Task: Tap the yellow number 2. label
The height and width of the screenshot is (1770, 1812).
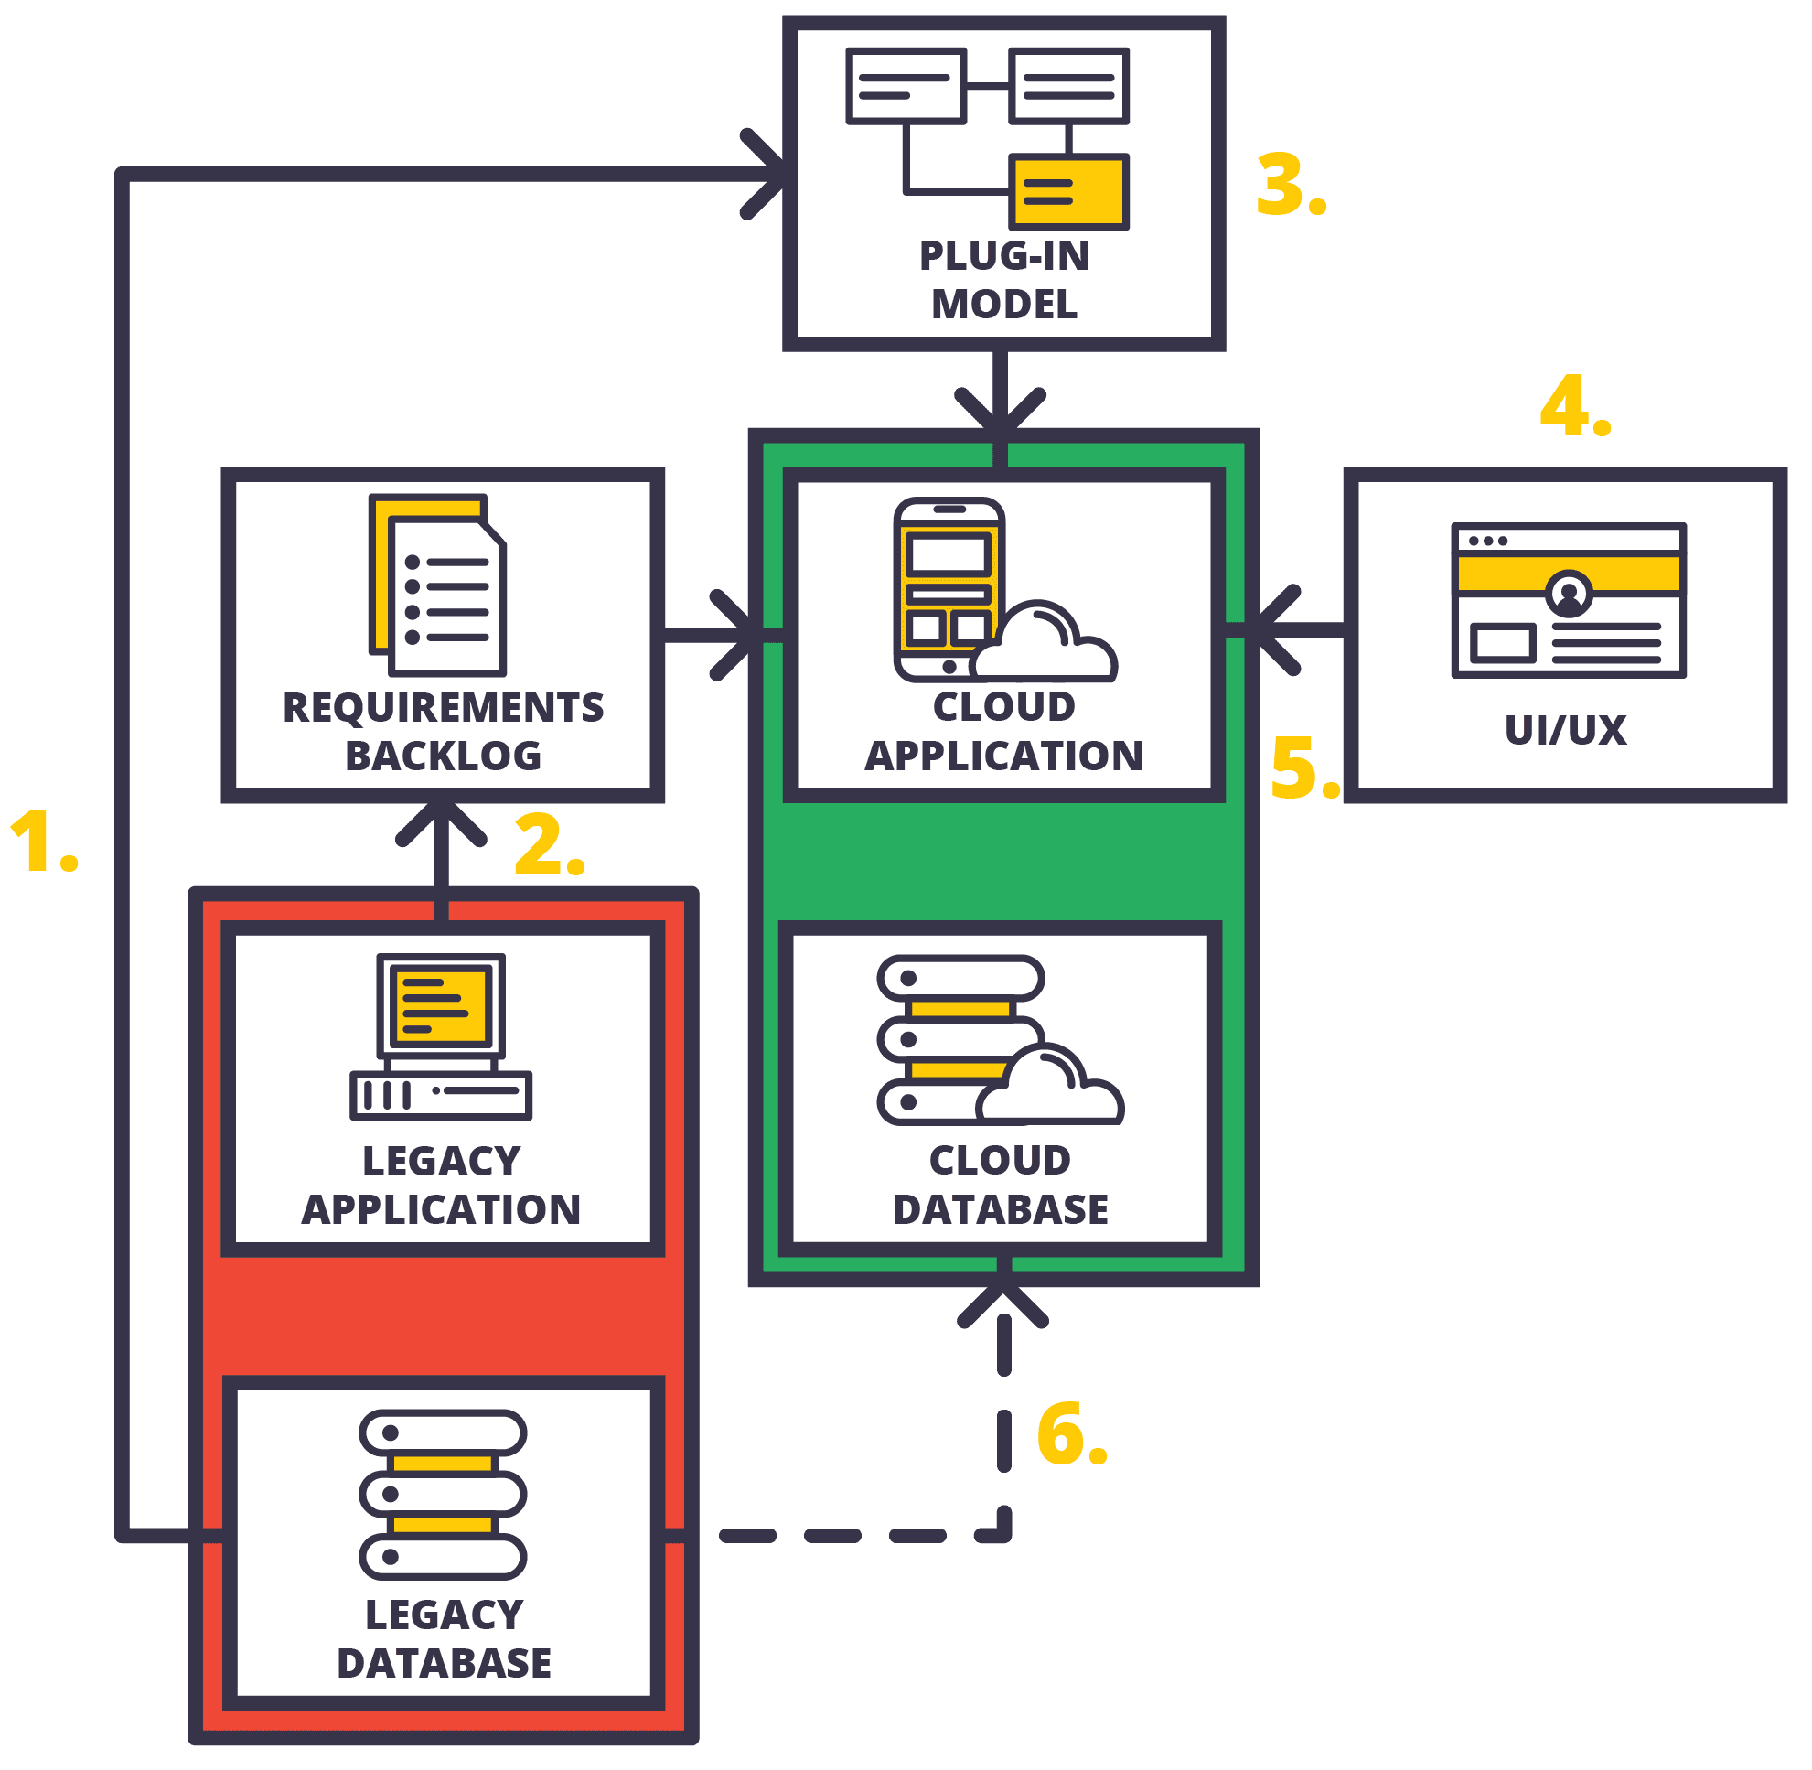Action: (548, 845)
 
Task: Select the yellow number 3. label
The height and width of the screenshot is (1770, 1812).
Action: (1290, 186)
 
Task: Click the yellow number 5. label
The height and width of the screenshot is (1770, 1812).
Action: (1303, 767)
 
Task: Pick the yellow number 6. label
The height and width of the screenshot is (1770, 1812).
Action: (1070, 1434)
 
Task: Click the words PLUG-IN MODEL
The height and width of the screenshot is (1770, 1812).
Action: (1004, 280)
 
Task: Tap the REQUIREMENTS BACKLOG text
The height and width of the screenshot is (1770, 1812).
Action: (444, 732)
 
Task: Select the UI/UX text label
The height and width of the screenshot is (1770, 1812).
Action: (1566, 730)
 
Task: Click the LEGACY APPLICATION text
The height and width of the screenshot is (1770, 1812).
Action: (442, 1185)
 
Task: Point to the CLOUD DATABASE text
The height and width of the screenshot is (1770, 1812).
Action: (1001, 1185)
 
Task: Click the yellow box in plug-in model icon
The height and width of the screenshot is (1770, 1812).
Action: (1068, 191)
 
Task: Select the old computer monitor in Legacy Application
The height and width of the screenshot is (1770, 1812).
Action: (441, 1006)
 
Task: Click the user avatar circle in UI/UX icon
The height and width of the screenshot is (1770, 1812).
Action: (1569, 592)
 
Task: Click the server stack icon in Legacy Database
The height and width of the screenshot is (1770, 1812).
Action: (443, 1495)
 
